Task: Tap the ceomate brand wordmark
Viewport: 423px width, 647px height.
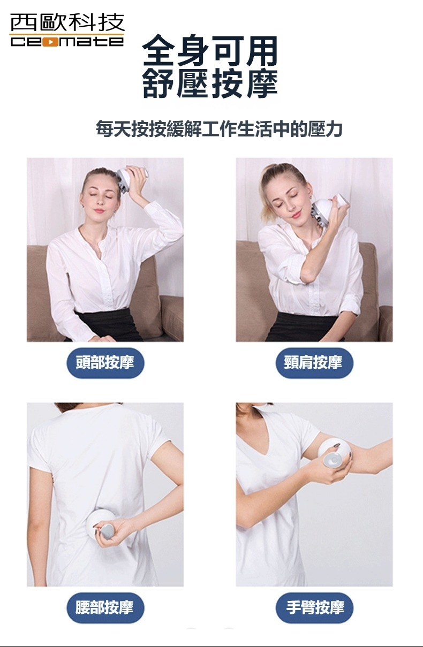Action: click(67, 42)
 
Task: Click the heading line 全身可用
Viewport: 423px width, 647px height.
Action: click(210, 51)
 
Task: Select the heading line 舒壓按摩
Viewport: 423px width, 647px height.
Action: click(210, 83)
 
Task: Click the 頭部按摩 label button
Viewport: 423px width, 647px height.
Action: click(105, 363)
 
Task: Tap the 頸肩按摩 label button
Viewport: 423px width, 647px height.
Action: click(314, 363)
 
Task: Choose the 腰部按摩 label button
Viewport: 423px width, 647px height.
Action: click(105, 607)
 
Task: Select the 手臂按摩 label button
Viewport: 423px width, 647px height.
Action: click(314, 607)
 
